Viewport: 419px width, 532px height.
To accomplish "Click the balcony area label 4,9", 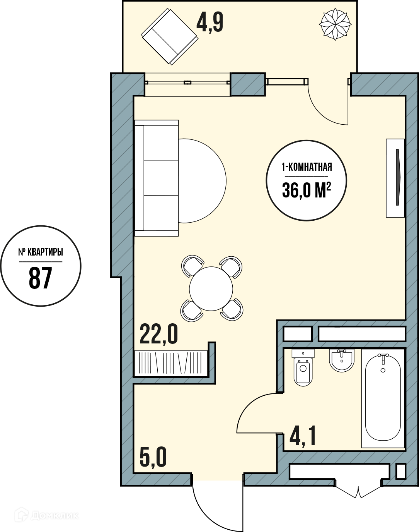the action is click(x=210, y=23).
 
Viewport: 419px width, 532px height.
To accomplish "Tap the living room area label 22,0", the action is click(x=158, y=335).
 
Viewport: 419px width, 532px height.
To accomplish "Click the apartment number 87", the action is click(x=41, y=278).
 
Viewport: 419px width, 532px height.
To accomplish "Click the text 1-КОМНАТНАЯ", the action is click(x=307, y=167).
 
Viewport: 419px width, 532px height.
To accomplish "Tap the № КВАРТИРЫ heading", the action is click(x=41, y=252).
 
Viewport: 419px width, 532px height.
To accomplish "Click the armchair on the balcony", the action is click(x=170, y=36).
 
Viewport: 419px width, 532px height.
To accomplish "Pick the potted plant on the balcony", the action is click(x=335, y=24).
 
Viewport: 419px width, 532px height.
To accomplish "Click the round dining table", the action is click(x=211, y=288).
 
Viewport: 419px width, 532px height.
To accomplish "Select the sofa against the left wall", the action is click(x=157, y=178).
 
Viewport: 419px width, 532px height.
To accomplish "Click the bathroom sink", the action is click(x=342, y=360).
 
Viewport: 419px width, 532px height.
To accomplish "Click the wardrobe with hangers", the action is click(x=171, y=363).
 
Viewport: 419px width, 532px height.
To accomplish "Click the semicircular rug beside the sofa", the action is click(x=202, y=181).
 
